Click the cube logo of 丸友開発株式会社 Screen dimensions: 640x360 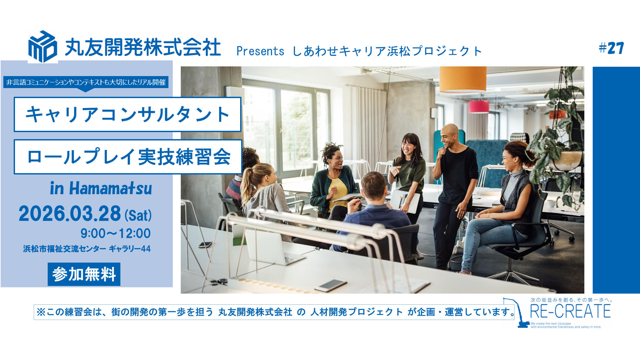(x=43, y=46)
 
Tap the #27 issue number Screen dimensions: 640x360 (x=611, y=48)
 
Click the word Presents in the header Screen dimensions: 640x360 (x=260, y=51)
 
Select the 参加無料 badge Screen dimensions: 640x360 (x=84, y=274)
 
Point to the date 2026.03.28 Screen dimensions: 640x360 (x=70, y=214)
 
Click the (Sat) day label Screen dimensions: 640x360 (x=138, y=215)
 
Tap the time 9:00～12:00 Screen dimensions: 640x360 (x=115, y=233)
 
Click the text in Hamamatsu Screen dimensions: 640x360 (x=101, y=188)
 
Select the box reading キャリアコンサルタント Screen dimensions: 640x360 (x=127, y=114)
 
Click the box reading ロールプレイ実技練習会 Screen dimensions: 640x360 (x=128, y=157)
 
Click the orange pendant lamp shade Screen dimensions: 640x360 (x=463, y=79)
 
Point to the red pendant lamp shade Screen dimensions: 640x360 (x=479, y=107)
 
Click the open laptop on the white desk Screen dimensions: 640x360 (x=273, y=247)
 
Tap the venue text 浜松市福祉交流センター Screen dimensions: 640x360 (x=65, y=249)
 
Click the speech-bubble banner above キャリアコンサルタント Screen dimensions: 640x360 (x=86, y=82)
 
